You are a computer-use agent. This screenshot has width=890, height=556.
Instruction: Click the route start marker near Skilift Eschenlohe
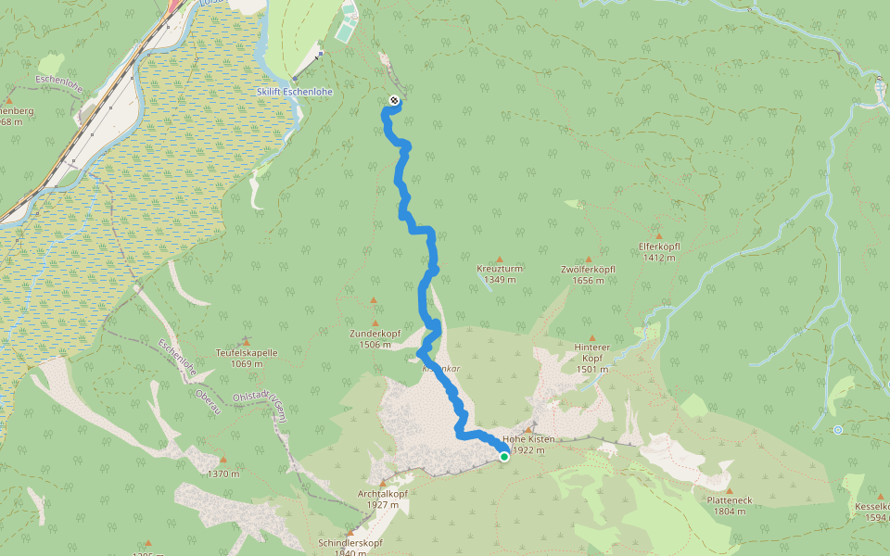click(x=395, y=100)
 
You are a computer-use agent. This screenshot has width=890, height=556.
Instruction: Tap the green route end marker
click(x=504, y=456)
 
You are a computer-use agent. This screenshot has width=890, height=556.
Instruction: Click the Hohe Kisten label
click(x=528, y=439)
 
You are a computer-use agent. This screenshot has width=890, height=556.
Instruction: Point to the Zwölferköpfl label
click(x=589, y=270)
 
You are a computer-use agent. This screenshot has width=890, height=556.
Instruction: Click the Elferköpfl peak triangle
click(x=660, y=236)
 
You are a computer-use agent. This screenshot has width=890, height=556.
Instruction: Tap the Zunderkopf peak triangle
click(x=375, y=300)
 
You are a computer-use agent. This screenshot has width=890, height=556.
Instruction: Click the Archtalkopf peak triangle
click(x=382, y=483)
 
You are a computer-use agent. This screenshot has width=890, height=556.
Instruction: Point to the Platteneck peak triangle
click(x=729, y=491)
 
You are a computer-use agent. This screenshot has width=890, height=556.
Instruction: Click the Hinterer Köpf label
click(x=592, y=352)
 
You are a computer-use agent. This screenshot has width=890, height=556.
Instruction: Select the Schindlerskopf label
click(x=350, y=542)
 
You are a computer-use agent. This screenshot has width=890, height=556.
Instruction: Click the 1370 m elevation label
click(x=223, y=474)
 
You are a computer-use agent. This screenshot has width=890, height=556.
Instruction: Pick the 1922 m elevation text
click(x=528, y=450)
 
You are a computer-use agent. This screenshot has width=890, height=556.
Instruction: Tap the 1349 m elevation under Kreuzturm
click(x=500, y=279)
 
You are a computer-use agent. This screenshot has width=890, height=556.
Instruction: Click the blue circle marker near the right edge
click(x=837, y=430)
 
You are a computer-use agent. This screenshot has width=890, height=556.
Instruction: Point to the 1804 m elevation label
click(x=729, y=511)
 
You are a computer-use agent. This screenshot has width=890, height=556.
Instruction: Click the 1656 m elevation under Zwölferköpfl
click(x=589, y=280)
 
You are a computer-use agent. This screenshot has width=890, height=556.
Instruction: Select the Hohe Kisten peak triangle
click(x=528, y=430)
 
